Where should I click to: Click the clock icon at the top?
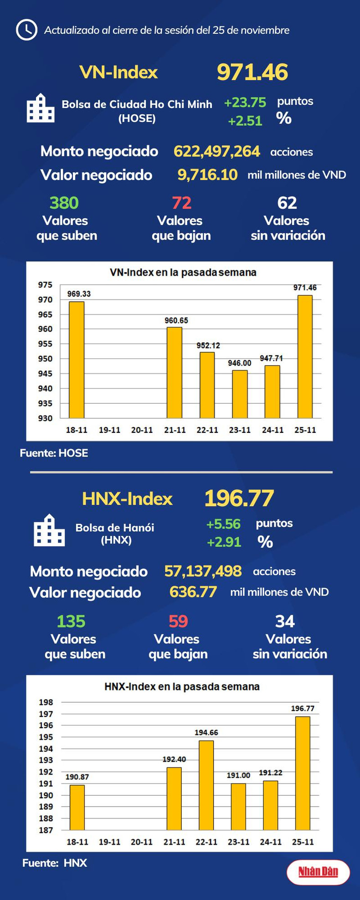(x=26, y=30)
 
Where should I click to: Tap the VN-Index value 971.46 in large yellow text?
(x=252, y=72)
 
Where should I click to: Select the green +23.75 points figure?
(x=245, y=103)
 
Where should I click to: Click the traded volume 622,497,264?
(x=217, y=151)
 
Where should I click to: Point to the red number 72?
(x=181, y=203)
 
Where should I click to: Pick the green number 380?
(x=64, y=203)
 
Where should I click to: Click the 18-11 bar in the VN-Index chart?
(x=77, y=360)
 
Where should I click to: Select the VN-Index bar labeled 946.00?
(x=240, y=394)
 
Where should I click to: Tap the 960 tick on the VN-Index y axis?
(x=45, y=329)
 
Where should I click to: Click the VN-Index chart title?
(x=183, y=273)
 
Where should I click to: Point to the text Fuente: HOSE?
(x=54, y=453)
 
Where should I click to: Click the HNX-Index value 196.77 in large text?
(x=239, y=498)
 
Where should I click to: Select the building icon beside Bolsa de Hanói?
(x=49, y=530)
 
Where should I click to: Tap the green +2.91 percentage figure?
(x=224, y=542)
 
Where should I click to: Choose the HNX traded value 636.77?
(x=193, y=592)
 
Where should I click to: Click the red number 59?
(x=178, y=621)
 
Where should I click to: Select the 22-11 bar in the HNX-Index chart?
(x=206, y=785)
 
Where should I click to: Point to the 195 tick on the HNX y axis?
(x=46, y=737)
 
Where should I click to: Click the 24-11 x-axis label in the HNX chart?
(x=271, y=842)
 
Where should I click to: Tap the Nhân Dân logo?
(x=318, y=872)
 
